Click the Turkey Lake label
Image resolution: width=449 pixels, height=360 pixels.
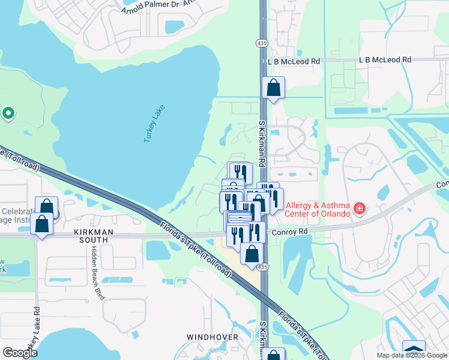pyautogui.click(x=154, y=124)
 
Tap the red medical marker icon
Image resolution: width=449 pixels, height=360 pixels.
pyautogui.click(x=360, y=208)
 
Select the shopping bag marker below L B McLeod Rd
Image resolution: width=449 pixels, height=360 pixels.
pyautogui.click(x=273, y=88)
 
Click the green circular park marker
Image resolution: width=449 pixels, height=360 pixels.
pyautogui.click(x=8, y=112)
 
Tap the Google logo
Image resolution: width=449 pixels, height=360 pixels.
pyautogui.click(x=20, y=353)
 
